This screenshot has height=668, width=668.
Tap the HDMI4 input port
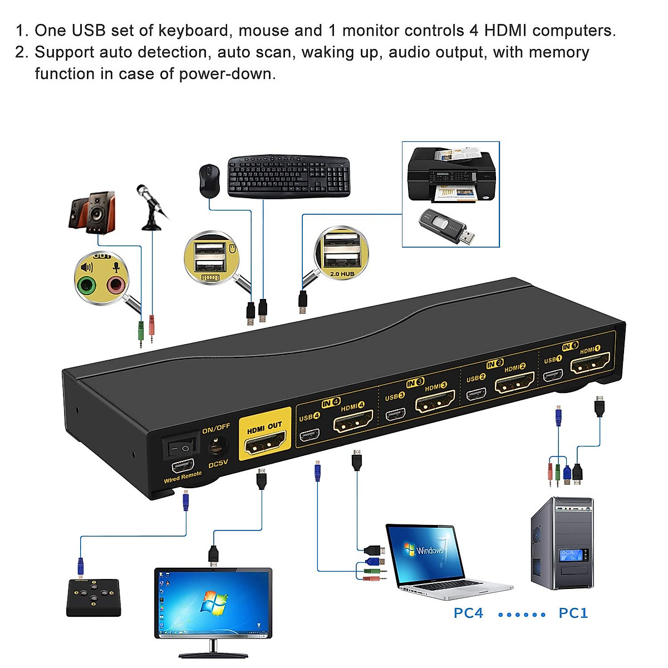352,424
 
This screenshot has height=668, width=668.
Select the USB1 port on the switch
552,375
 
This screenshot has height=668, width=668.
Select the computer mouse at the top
209,180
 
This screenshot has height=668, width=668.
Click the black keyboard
288,175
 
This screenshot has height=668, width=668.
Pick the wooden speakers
92,212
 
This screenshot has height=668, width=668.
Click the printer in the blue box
450,175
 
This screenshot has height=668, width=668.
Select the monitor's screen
213,604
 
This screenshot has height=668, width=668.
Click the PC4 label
468,613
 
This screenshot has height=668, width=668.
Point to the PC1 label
573,613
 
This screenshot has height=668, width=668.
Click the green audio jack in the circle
86,286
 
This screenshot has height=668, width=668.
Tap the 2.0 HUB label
342,274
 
